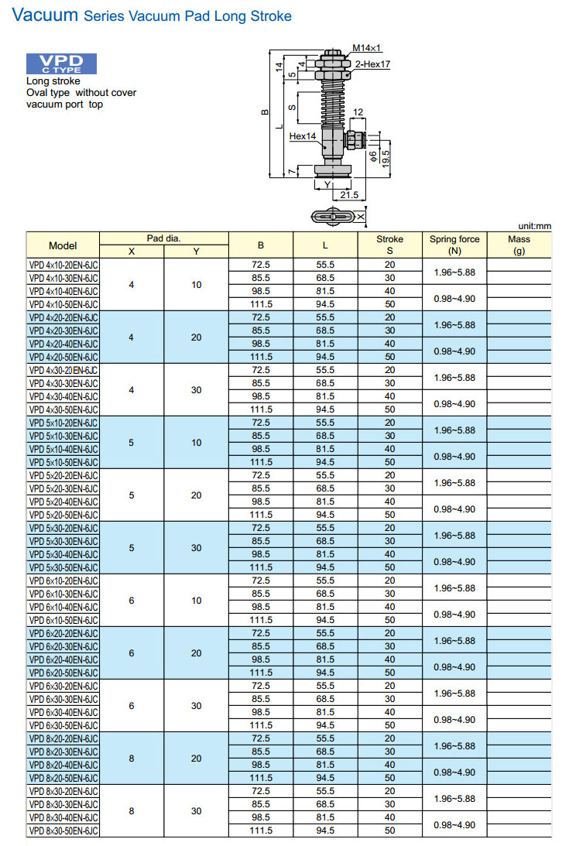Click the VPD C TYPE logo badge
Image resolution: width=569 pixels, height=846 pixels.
click(61, 64)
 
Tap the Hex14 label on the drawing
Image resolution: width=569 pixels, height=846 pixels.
click(303, 136)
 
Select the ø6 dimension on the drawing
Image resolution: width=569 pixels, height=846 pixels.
click(373, 157)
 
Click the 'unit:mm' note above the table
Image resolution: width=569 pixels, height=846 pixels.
click(534, 226)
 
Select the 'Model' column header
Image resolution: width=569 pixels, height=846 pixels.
click(63, 245)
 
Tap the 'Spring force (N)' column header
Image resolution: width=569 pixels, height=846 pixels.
click(454, 245)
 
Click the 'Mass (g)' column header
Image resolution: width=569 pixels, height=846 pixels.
click(519, 245)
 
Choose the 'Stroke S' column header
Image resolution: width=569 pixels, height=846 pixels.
click(389, 245)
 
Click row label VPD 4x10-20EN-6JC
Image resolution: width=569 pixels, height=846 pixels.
click(63, 265)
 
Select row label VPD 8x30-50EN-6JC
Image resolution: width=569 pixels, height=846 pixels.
click(63, 831)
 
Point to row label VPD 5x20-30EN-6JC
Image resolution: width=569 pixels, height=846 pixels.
click(63, 488)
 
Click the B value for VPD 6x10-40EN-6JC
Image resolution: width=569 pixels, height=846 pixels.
click(261, 607)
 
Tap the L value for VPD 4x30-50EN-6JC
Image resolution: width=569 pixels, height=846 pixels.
click(325, 409)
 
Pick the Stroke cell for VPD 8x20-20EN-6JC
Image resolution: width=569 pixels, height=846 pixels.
click(389, 738)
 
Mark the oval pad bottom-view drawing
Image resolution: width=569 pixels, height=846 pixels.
click(336, 217)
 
